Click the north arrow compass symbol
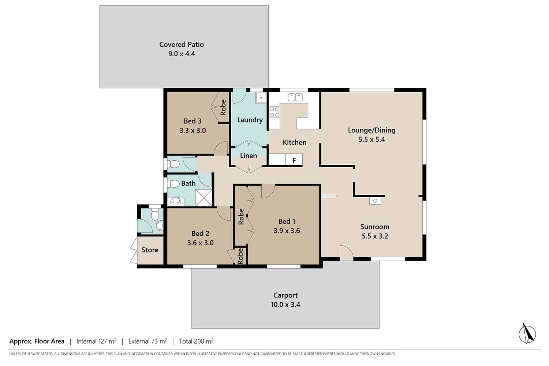[x=527, y=333]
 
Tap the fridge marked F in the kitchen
[x=294, y=160]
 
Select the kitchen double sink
[x=295, y=97]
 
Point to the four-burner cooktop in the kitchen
[x=274, y=112]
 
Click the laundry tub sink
[x=261, y=97]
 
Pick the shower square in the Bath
[x=203, y=198]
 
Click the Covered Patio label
[x=182, y=44]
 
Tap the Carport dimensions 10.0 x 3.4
[x=285, y=305]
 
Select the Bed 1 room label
[x=287, y=221]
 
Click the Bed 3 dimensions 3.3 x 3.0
[x=193, y=130]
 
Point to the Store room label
[x=150, y=250]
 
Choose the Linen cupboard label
[x=249, y=156]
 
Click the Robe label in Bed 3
[x=223, y=107]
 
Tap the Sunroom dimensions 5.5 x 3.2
[x=375, y=236]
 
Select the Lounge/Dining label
[x=371, y=130]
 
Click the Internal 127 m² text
[x=96, y=341]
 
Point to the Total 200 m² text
[x=196, y=341]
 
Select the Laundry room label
[x=250, y=120]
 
